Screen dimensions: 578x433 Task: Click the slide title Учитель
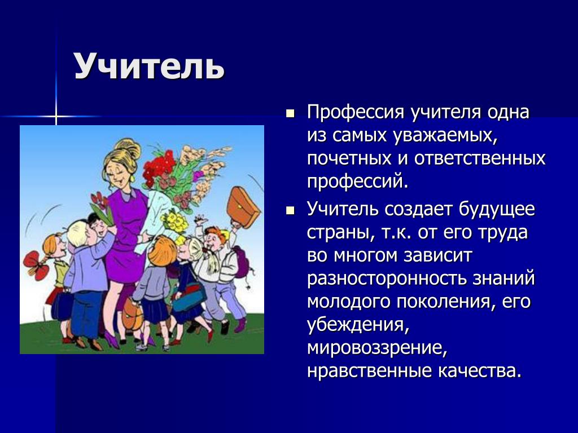[x=149, y=67]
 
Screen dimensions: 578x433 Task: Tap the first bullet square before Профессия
[x=291, y=113]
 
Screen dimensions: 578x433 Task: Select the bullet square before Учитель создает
[x=291, y=211]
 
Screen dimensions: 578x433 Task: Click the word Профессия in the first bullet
[x=356, y=112]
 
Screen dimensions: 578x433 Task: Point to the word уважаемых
[x=445, y=135]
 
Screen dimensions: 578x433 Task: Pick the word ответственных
[x=480, y=158]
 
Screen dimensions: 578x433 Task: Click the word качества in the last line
[x=480, y=371]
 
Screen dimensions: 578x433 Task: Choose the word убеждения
[x=358, y=325]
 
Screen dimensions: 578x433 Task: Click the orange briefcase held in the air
[x=243, y=207]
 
